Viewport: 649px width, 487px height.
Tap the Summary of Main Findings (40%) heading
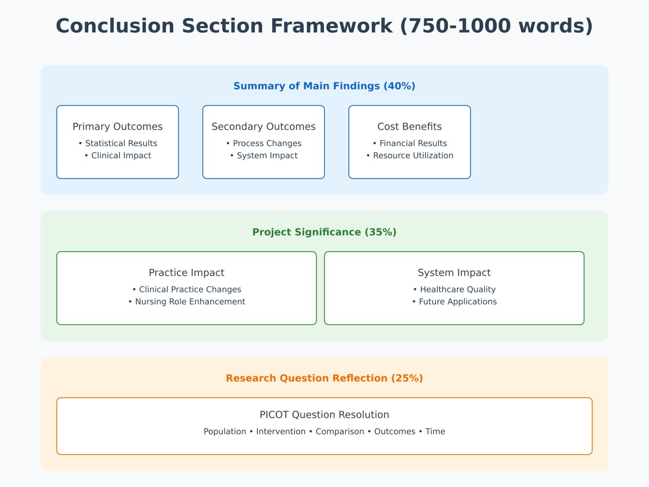tap(324, 86)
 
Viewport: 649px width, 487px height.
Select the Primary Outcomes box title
tap(117, 127)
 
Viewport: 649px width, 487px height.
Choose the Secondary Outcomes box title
tap(264, 127)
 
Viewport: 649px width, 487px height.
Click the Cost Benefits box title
tap(409, 127)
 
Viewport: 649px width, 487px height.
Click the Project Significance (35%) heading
tap(324, 232)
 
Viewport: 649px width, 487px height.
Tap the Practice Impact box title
tap(186, 273)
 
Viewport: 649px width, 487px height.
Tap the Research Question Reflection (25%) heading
tap(324, 378)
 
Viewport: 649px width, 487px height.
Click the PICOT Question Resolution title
tap(324, 415)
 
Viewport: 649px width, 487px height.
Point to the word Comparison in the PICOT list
tap(340, 432)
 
